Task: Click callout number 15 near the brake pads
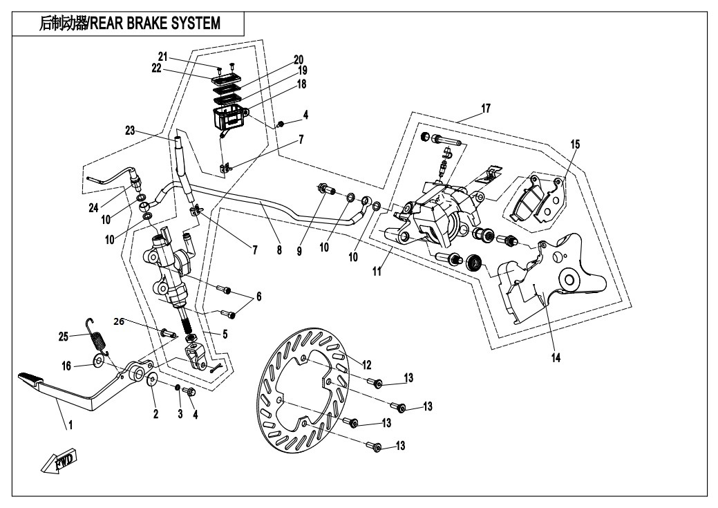(x=575, y=144)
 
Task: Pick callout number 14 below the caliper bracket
(x=556, y=358)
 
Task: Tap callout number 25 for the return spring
(x=63, y=337)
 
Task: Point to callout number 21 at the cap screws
(x=162, y=56)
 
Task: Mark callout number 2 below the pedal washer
(x=155, y=414)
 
